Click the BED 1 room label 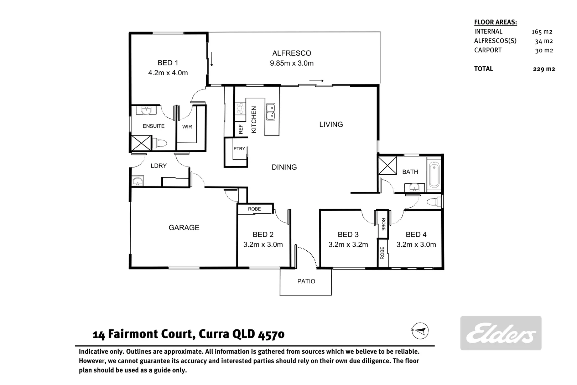click(x=168, y=63)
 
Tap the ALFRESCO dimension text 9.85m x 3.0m click(x=291, y=63)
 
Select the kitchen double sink click(x=270, y=111)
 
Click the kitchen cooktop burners click(x=240, y=108)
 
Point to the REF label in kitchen click(x=241, y=129)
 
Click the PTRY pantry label click(x=239, y=148)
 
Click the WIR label click(x=187, y=127)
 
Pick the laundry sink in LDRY click(x=137, y=181)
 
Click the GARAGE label click(x=184, y=227)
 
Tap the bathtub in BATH click(x=434, y=175)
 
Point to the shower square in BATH click(x=388, y=165)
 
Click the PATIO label click(x=306, y=281)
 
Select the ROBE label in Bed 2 click(x=254, y=209)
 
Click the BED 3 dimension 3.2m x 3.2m click(x=348, y=245)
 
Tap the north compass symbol click(x=420, y=330)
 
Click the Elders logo click(x=501, y=333)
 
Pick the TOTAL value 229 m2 click(x=544, y=69)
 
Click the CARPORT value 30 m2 click(x=544, y=50)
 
